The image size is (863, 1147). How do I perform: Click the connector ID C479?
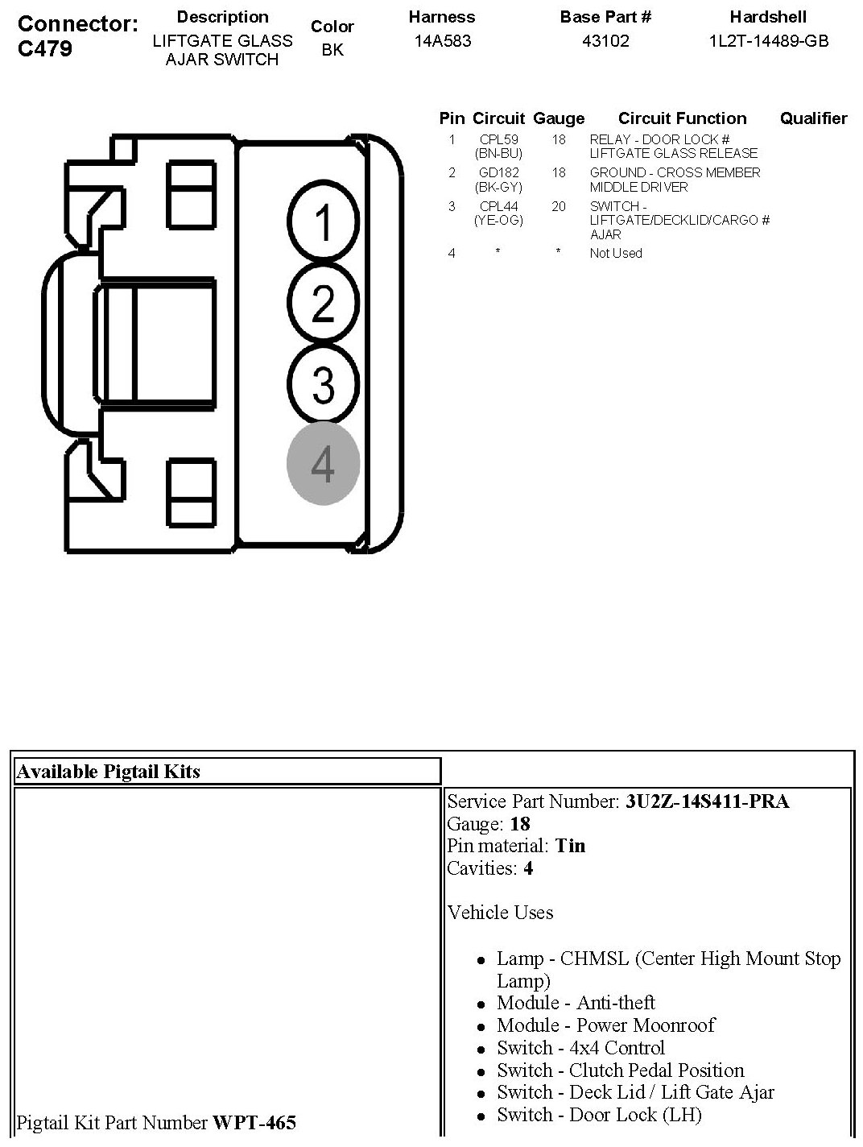(45, 48)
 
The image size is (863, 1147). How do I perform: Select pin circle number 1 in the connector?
(323, 222)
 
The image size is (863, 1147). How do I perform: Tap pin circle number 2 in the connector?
(323, 304)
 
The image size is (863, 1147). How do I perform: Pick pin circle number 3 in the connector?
(323, 383)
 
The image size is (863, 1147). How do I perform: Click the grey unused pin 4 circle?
(323, 464)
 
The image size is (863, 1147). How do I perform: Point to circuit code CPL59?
(498, 139)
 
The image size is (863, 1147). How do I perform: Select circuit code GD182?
(498, 172)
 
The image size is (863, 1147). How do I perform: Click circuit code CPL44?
(498, 206)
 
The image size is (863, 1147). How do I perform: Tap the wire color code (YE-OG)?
(498, 220)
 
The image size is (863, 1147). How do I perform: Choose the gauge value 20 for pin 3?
(559, 206)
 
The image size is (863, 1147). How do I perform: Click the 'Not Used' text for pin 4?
(616, 253)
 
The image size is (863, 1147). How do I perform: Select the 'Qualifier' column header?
(813, 118)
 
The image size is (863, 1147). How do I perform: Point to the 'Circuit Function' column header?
(682, 118)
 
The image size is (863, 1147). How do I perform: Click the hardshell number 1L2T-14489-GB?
(768, 41)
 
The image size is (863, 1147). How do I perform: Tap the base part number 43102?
(605, 41)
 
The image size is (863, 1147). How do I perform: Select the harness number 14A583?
(442, 41)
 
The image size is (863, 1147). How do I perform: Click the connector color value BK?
(332, 50)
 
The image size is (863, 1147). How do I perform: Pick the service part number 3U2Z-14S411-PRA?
(707, 801)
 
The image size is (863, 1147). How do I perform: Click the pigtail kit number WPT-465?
(254, 1122)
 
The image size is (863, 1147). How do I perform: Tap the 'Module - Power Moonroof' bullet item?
(605, 1025)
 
